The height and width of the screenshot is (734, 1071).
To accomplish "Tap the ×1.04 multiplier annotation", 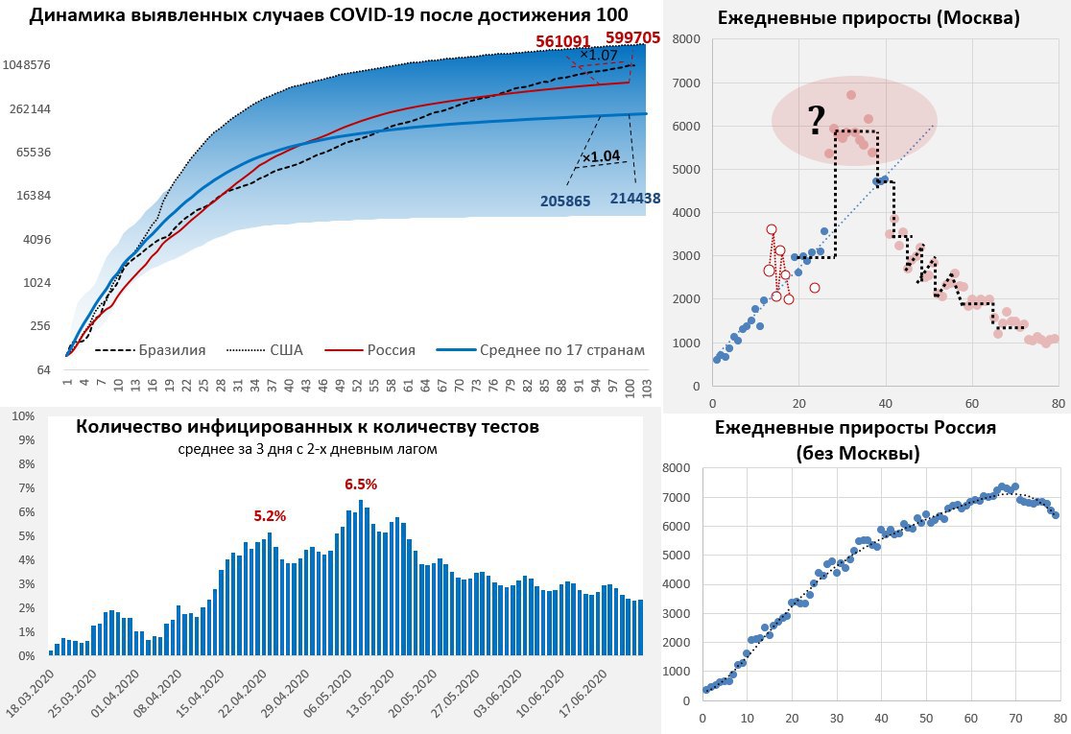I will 601,155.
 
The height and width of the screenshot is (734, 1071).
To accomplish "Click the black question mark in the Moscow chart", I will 816,121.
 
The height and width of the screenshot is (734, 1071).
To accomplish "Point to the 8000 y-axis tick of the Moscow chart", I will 686,38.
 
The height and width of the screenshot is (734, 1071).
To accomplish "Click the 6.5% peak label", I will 361,485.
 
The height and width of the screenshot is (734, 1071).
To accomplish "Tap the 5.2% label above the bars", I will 270,515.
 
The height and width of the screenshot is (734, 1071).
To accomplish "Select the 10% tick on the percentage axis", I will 22,416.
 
